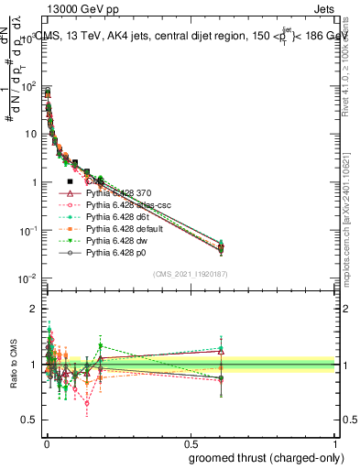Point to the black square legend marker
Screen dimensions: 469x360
click(70, 182)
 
